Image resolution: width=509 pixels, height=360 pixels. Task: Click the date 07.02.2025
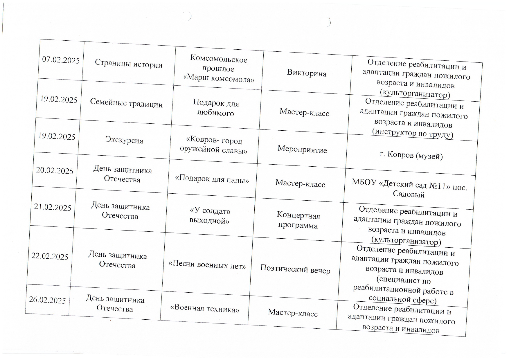coord(61,60)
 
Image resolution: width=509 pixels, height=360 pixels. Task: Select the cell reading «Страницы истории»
coord(128,64)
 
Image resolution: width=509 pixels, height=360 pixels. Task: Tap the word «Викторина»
coord(307,73)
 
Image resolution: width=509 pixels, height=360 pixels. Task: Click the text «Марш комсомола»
coord(219,78)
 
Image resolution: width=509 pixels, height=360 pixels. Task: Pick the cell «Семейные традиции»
coord(126,103)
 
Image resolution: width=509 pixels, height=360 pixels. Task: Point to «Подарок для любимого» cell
coord(215,108)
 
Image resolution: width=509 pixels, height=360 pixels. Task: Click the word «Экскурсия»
coord(124,140)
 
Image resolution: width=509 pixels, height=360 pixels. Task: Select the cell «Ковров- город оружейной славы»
coord(213,145)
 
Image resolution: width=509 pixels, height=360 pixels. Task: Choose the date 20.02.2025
coord(55,170)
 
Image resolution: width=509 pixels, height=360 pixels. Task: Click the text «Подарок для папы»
coord(212,179)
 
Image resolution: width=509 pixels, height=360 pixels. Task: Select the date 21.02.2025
coord(53,207)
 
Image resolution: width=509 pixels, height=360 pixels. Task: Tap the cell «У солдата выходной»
coord(209,216)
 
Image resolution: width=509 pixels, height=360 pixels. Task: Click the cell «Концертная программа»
coord(298,220)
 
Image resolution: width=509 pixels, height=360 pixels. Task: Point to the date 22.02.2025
coord(50,256)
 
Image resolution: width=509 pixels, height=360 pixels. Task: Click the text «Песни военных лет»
coord(207,264)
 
